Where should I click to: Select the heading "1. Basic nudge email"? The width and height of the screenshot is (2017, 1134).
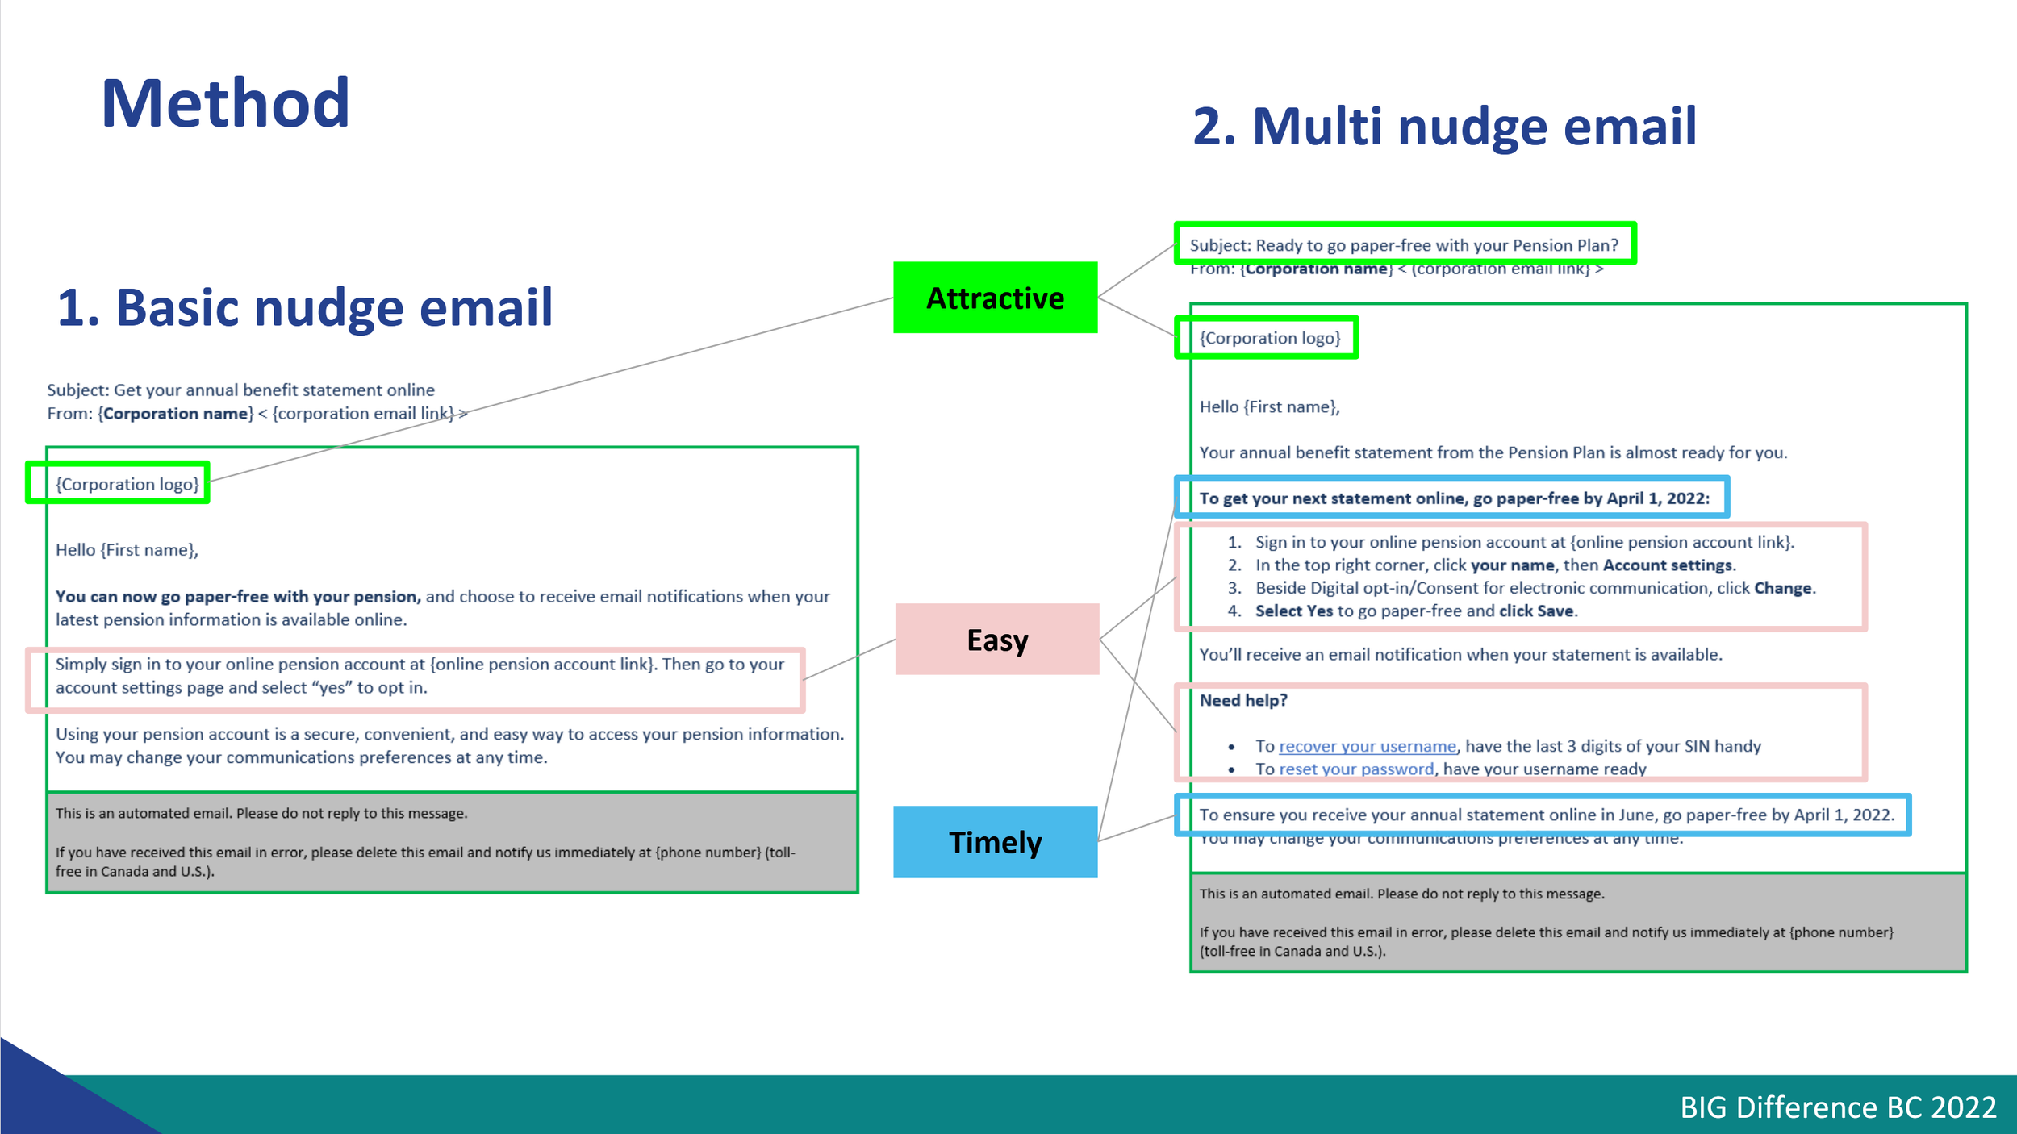click(304, 307)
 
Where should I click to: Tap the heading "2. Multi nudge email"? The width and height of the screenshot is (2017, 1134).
click(1444, 127)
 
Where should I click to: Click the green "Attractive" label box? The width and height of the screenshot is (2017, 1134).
click(995, 298)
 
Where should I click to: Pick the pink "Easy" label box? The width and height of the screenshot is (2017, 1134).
click(997, 640)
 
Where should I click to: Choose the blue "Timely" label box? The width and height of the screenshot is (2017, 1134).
click(995, 841)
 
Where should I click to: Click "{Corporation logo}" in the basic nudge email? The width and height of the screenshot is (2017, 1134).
click(127, 484)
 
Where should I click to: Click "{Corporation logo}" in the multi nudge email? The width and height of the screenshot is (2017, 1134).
click(1269, 338)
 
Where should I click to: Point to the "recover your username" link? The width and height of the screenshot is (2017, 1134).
click(1367, 746)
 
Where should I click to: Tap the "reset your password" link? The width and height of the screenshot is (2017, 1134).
click(1356, 769)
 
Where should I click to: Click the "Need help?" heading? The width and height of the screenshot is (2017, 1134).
click(1242, 700)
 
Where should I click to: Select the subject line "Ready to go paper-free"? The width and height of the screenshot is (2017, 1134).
click(1404, 245)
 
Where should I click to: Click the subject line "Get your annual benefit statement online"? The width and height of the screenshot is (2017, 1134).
click(240, 390)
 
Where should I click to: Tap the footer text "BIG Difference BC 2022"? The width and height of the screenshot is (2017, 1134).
click(1837, 1107)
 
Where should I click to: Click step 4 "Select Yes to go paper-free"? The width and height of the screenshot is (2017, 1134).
click(1415, 611)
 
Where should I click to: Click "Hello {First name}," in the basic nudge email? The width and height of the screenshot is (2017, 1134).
click(127, 550)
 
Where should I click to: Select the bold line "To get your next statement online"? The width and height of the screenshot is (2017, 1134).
click(1453, 498)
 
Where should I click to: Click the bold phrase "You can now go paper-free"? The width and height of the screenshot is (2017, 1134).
click(237, 597)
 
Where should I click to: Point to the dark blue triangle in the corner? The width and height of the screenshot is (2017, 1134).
click(48, 1097)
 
